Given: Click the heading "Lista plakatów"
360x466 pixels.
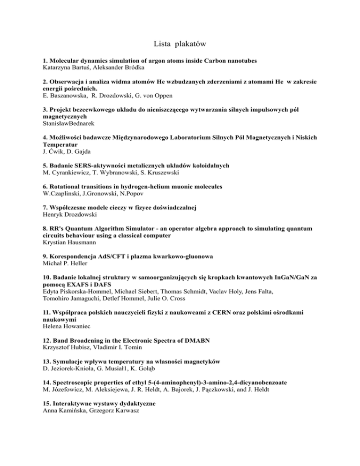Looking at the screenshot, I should [x=180, y=44].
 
